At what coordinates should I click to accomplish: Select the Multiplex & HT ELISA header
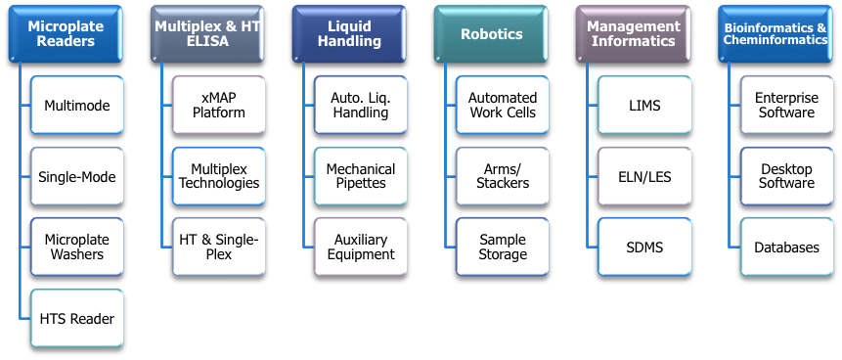[x=207, y=34]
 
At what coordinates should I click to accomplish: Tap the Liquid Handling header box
[x=348, y=34]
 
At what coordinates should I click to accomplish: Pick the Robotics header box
[x=491, y=34]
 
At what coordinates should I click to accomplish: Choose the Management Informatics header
[x=633, y=34]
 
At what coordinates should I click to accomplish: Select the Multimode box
[x=77, y=105]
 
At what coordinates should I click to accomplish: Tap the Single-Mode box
[x=77, y=176]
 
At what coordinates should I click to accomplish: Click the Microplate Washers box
[x=77, y=247]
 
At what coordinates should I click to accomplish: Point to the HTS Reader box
[x=77, y=318]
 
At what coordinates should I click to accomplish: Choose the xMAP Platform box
[x=218, y=105]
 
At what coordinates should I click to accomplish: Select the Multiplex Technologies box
[x=218, y=176]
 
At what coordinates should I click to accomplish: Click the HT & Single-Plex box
[x=218, y=247]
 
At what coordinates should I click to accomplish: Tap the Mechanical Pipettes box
[x=360, y=176]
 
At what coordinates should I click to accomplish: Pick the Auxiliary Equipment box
[x=360, y=247]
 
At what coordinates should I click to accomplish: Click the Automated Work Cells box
[x=503, y=105]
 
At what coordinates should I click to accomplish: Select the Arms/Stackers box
[x=503, y=176]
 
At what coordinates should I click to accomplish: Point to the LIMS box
[x=644, y=105]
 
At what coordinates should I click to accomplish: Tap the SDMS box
[x=644, y=247]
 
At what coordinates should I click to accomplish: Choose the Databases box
[x=786, y=247]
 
